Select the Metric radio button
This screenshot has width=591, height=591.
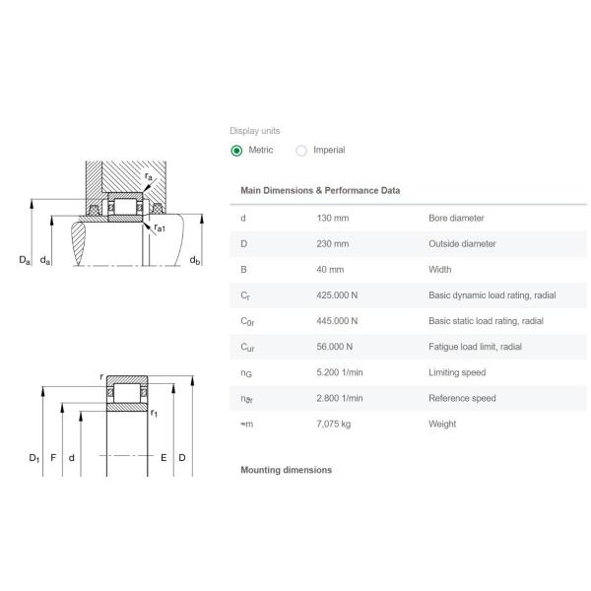click(236, 151)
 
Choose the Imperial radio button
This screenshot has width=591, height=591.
click(301, 151)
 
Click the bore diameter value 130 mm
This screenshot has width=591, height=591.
click(333, 218)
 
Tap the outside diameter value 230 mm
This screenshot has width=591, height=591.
click(333, 244)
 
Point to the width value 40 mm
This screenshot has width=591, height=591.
click(330, 270)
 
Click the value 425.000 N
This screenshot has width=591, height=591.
click(337, 295)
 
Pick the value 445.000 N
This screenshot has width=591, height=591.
click(337, 321)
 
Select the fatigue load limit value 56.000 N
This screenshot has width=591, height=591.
click(335, 347)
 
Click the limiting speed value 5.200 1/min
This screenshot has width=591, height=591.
click(340, 372)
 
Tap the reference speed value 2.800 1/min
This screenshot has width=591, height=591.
click(340, 398)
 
